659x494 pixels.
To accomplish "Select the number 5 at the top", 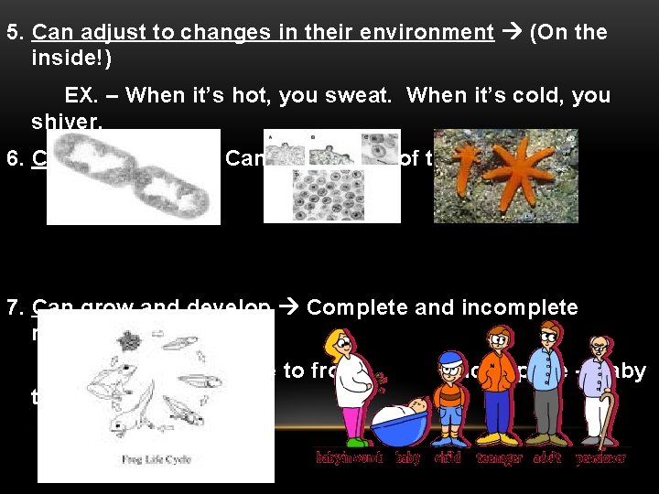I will click(x=13, y=33).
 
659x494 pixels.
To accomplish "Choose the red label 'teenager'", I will click(x=498, y=457).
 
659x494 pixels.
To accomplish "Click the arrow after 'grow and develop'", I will click(x=288, y=307).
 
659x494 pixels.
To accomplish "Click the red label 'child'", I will click(x=448, y=457).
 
